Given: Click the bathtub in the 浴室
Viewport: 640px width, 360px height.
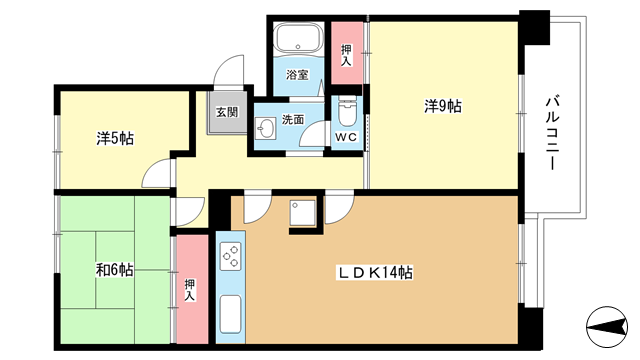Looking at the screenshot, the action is (x=298, y=37).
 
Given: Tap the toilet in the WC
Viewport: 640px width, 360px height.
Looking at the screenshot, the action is (x=347, y=112).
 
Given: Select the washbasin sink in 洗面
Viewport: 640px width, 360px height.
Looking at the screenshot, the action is (x=264, y=129).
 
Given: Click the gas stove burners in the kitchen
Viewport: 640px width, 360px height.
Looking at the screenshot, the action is (x=230, y=256).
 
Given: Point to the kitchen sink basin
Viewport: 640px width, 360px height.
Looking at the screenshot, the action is (x=230, y=314).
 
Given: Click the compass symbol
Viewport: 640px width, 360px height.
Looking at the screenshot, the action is (x=607, y=327).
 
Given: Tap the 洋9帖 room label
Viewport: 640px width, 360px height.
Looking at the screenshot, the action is (x=443, y=107).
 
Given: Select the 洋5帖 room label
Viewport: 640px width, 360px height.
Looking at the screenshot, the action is (x=115, y=139).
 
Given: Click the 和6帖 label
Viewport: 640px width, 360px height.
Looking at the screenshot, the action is (x=115, y=269).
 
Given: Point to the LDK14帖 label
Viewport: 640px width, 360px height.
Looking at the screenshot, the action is (x=374, y=272).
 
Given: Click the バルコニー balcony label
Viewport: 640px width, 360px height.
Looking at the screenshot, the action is (x=552, y=133).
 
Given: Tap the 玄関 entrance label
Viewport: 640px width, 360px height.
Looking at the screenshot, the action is (x=227, y=111).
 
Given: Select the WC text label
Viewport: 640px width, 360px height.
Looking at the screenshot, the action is (x=347, y=137).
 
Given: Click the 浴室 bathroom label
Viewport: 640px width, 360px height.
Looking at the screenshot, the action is (x=297, y=75).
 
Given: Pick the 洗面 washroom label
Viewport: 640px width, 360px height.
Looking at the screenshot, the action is (x=293, y=120).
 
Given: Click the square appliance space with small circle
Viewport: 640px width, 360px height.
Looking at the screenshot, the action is (x=302, y=212).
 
